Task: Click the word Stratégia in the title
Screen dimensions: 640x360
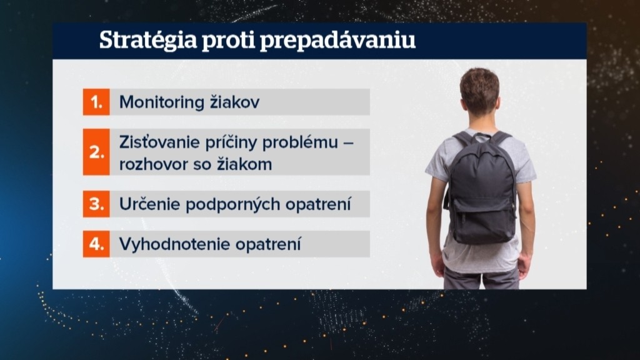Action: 148,41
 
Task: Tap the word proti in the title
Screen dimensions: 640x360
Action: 228,40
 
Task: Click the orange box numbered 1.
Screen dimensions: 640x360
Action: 96,102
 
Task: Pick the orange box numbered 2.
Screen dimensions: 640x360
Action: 96,152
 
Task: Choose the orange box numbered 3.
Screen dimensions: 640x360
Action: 96,204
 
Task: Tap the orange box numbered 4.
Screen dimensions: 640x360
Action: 96,244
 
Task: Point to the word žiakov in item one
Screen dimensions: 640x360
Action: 235,102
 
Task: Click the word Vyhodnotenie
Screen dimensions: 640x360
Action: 175,244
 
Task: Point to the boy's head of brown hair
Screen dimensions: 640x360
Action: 479,90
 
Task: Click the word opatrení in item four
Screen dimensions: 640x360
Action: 268,245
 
